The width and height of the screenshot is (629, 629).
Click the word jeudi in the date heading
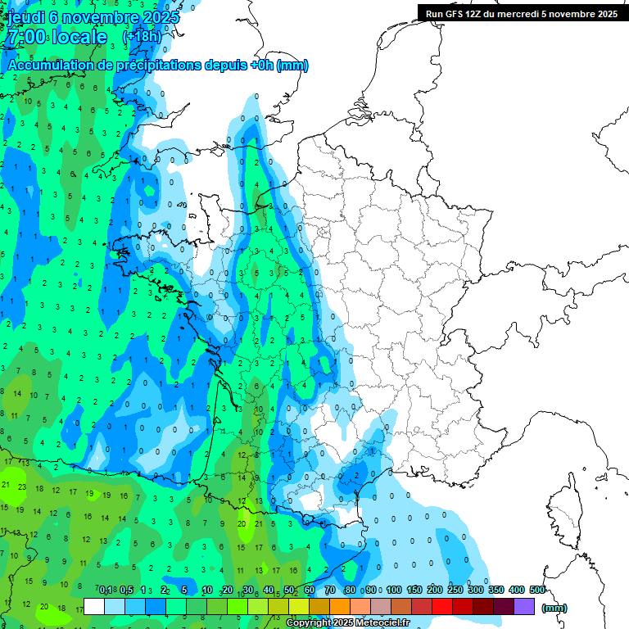pos(29,17)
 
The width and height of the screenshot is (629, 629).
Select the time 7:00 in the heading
pos(25,37)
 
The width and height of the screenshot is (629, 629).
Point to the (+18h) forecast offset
pos(142,37)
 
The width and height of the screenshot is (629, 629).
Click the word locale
pos(79,37)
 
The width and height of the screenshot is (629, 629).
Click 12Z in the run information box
pos(478,13)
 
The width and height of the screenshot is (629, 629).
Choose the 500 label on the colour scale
pos(537,590)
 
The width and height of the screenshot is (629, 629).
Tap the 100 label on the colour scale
pos(394,590)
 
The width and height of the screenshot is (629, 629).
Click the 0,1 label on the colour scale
pos(106,590)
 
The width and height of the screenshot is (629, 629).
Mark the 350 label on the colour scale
pos(496,590)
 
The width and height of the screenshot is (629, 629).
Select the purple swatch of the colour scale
pos(524,606)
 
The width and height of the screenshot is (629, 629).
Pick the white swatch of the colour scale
pos(94,606)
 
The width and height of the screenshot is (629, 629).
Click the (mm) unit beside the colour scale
pos(554,608)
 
